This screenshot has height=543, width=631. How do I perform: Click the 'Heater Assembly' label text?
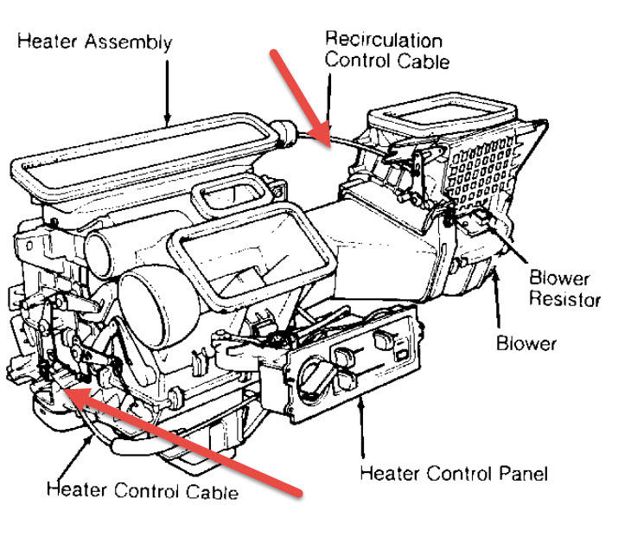(x=94, y=42)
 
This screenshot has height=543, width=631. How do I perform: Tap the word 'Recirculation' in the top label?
(x=383, y=40)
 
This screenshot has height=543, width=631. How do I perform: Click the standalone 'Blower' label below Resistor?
(x=526, y=342)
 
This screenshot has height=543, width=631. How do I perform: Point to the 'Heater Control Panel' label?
(x=453, y=473)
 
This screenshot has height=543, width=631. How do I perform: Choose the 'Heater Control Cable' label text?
(x=142, y=491)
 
